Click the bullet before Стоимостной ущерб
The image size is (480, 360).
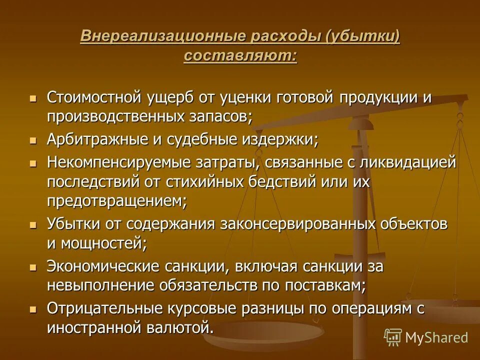[33, 97]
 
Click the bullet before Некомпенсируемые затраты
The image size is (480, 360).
[33, 163]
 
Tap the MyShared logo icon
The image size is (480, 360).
[393, 337]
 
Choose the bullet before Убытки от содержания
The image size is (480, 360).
[33, 225]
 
